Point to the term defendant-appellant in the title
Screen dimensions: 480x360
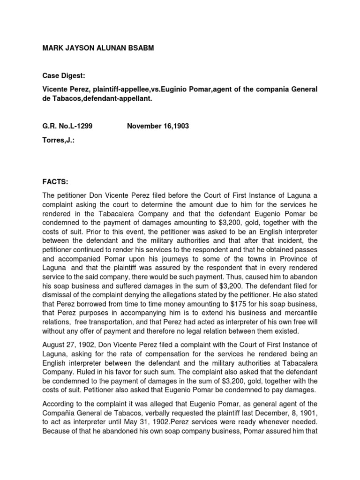[126, 99]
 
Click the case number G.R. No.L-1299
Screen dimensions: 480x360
[64, 126]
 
